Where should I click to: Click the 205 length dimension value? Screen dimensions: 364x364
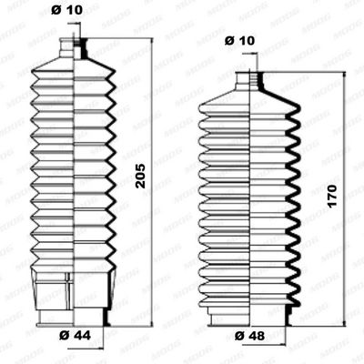coord(141,176)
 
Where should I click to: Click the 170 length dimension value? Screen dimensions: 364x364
coord(332,196)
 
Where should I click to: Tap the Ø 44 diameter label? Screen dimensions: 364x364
coord(75,335)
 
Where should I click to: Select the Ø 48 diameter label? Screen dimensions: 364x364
coord(250,336)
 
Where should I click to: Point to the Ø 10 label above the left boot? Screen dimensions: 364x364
coord(66,10)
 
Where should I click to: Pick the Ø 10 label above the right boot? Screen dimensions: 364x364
coord(239,41)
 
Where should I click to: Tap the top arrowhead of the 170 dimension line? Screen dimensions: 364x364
coord(344,76)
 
